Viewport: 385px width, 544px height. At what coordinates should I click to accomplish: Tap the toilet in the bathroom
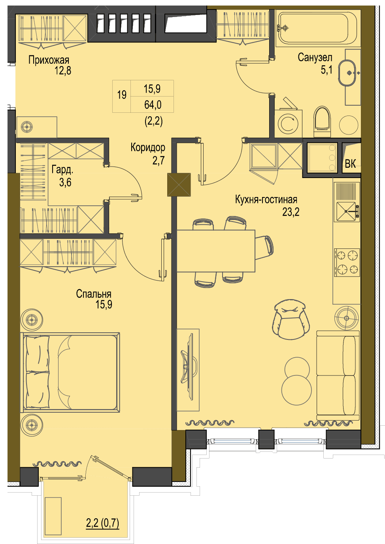pyautogui.click(x=322, y=121)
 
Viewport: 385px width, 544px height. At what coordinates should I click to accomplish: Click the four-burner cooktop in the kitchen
pyautogui.click(x=347, y=262)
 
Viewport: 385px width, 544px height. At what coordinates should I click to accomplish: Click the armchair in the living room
pyautogui.click(x=291, y=319)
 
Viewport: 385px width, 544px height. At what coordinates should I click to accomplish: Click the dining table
pyautogui.click(x=216, y=251)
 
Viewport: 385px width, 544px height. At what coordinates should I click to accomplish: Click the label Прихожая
pyautogui.click(x=49, y=60)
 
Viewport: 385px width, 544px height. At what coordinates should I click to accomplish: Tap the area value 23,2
pyautogui.click(x=291, y=212)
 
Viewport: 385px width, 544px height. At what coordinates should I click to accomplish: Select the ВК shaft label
pyautogui.click(x=350, y=164)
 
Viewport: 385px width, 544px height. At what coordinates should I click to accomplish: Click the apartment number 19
pyautogui.click(x=122, y=95)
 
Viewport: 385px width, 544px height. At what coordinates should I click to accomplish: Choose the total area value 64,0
pyautogui.click(x=153, y=105)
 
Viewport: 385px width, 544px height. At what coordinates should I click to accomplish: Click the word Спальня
pyautogui.click(x=94, y=294)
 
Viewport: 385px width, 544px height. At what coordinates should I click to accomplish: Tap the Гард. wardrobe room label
pyautogui.click(x=62, y=170)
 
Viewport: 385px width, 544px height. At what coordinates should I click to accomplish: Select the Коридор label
pyautogui.click(x=148, y=147)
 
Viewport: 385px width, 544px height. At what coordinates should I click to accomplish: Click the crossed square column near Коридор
pyautogui.click(x=179, y=184)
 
